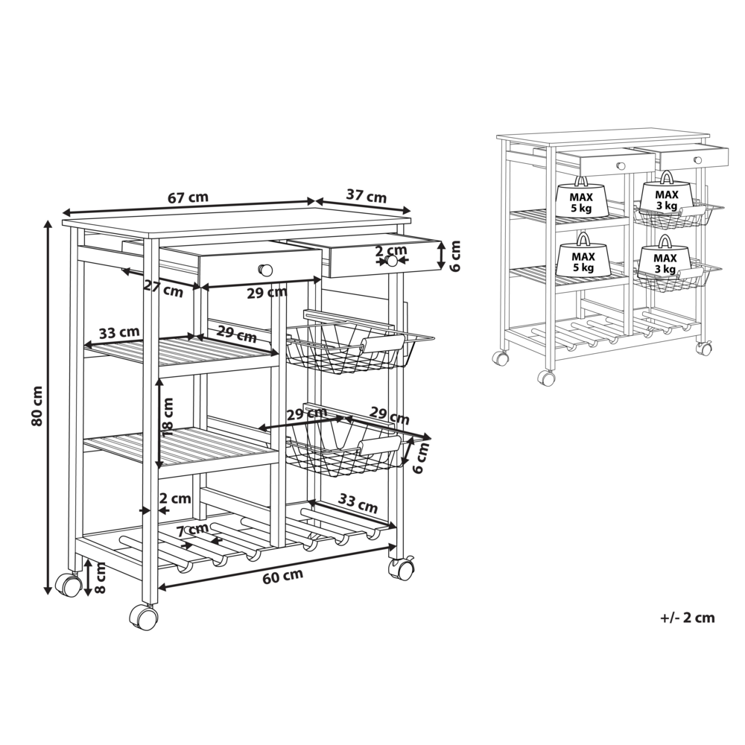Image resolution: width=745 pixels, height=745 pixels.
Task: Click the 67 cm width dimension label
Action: [x=188, y=197]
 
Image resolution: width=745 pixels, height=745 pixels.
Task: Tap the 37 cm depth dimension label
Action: [x=366, y=195]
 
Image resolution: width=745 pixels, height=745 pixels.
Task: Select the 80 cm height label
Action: [x=38, y=405]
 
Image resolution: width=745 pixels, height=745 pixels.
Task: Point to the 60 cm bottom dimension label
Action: [x=282, y=577]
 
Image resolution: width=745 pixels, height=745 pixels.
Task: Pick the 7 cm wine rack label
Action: [x=192, y=530]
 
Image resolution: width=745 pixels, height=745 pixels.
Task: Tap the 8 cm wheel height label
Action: [x=100, y=577]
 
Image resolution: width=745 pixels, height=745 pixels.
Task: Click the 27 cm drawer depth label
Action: [x=163, y=289]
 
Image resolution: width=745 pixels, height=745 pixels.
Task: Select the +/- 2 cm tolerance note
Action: [x=687, y=617]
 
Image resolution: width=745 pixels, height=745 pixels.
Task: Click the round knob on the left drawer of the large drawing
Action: [x=266, y=270]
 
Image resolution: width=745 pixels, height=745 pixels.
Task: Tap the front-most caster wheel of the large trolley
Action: [x=144, y=617]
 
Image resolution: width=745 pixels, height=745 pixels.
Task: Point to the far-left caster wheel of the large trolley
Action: [x=69, y=584]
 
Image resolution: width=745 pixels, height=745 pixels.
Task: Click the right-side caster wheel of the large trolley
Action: [x=401, y=568]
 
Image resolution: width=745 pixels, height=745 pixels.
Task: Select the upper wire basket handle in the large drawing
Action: [x=382, y=343]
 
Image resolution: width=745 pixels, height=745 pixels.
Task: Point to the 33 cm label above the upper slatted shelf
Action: [x=118, y=332]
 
